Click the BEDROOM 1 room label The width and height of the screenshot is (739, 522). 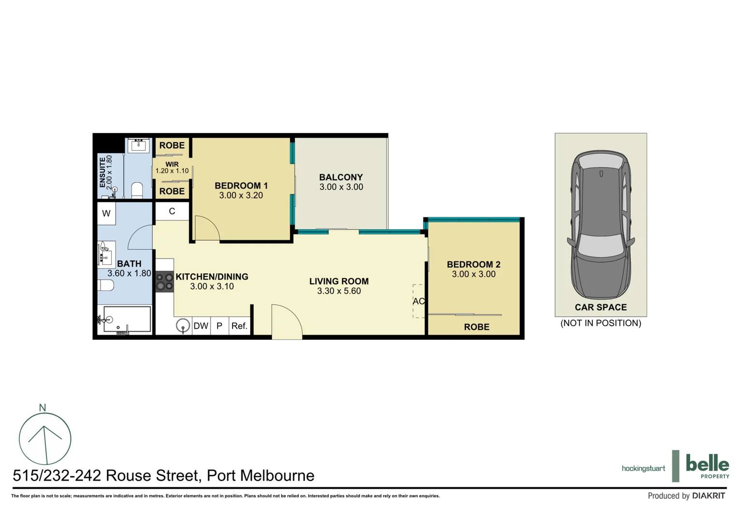(x=241, y=186)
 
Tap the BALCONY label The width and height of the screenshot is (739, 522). (x=340, y=177)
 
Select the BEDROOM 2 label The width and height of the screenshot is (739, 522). (x=473, y=264)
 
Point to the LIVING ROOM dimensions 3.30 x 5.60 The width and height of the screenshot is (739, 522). (x=339, y=291)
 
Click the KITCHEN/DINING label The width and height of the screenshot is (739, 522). (x=211, y=276)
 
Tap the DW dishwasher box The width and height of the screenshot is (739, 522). (x=201, y=326)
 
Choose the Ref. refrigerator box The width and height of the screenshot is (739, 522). (x=239, y=326)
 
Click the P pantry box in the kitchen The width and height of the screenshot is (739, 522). (x=219, y=326)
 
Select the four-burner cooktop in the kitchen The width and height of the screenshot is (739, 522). (x=164, y=282)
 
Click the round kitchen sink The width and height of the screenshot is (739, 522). (x=183, y=325)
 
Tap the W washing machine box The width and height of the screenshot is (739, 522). (x=106, y=213)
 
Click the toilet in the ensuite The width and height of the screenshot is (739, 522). (x=137, y=190)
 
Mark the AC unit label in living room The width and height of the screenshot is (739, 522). (x=418, y=301)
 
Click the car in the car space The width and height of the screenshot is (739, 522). (x=601, y=225)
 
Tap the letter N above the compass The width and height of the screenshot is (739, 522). (x=43, y=407)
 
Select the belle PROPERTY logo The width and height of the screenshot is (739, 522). (x=707, y=466)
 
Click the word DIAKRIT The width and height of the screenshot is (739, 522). (x=708, y=495)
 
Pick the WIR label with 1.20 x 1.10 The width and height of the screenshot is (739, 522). (x=172, y=168)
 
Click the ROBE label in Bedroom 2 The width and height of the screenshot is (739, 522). (x=476, y=327)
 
